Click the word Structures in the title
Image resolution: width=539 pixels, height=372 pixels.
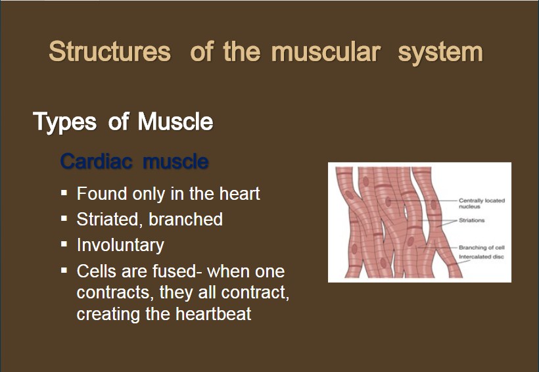tap(110, 51)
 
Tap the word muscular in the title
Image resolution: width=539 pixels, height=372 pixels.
tap(325, 51)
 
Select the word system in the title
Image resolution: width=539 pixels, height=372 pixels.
tap(440, 53)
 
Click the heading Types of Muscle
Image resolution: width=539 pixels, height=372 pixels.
tap(123, 122)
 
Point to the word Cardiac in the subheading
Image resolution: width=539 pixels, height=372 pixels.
tap(96, 161)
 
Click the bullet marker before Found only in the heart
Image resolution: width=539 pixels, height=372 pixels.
tap(64, 193)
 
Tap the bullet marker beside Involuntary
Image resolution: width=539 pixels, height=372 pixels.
tap(64, 244)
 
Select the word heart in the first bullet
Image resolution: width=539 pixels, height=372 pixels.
tap(240, 193)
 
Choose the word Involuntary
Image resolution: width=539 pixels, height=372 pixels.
tap(120, 245)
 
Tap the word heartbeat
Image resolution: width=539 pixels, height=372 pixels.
tap(213, 314)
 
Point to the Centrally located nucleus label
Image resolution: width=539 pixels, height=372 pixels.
tap(482, 203)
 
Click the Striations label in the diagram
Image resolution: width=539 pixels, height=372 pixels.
tap(472, 220)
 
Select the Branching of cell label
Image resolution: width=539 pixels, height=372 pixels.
tap(482, 248)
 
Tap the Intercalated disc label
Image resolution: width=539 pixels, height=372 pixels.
tap(481, 257)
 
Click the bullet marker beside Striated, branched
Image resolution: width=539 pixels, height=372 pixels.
tap(64, 218)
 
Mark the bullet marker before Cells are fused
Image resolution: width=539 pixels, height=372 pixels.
tap(64, 270)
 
